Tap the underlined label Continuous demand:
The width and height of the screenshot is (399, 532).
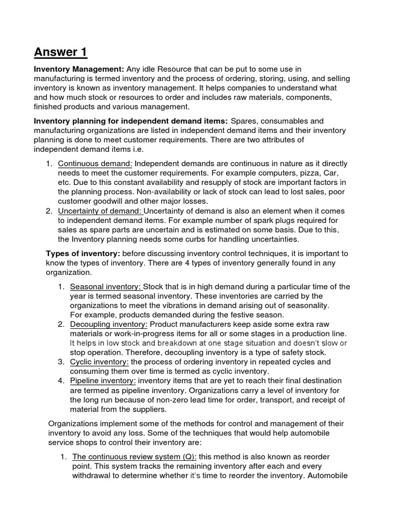(x=95, y=164)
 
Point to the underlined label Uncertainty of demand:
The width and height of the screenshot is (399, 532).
(x=100, y=211)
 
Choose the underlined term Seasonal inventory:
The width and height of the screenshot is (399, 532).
(x=106, y=287)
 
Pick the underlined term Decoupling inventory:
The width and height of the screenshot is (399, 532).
(x=109, y=324)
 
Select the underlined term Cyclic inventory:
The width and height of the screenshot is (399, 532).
(x=99, y=362)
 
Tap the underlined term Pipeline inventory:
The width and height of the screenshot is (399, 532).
(x=103, y=380)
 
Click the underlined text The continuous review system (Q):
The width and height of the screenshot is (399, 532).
(x=134, y=456)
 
